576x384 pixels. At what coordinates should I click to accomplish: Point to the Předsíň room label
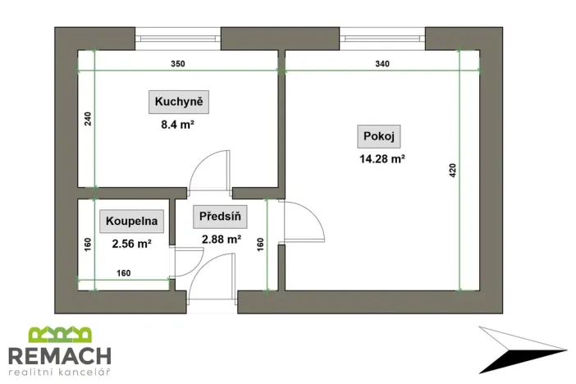tap(221, 218)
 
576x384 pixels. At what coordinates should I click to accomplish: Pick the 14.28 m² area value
tap(382, 160)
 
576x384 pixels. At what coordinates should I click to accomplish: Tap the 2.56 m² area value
tap(132, 243)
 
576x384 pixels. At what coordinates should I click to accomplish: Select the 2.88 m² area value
tap(221, 240)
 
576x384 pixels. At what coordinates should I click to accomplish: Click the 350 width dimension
tap(177, 64)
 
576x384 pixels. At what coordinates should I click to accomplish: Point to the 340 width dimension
tap(382, 64)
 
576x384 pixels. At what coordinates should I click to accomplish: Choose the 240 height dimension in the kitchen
tap(87, 120)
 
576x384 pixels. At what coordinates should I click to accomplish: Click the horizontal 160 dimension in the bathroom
tap(124, 273)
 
